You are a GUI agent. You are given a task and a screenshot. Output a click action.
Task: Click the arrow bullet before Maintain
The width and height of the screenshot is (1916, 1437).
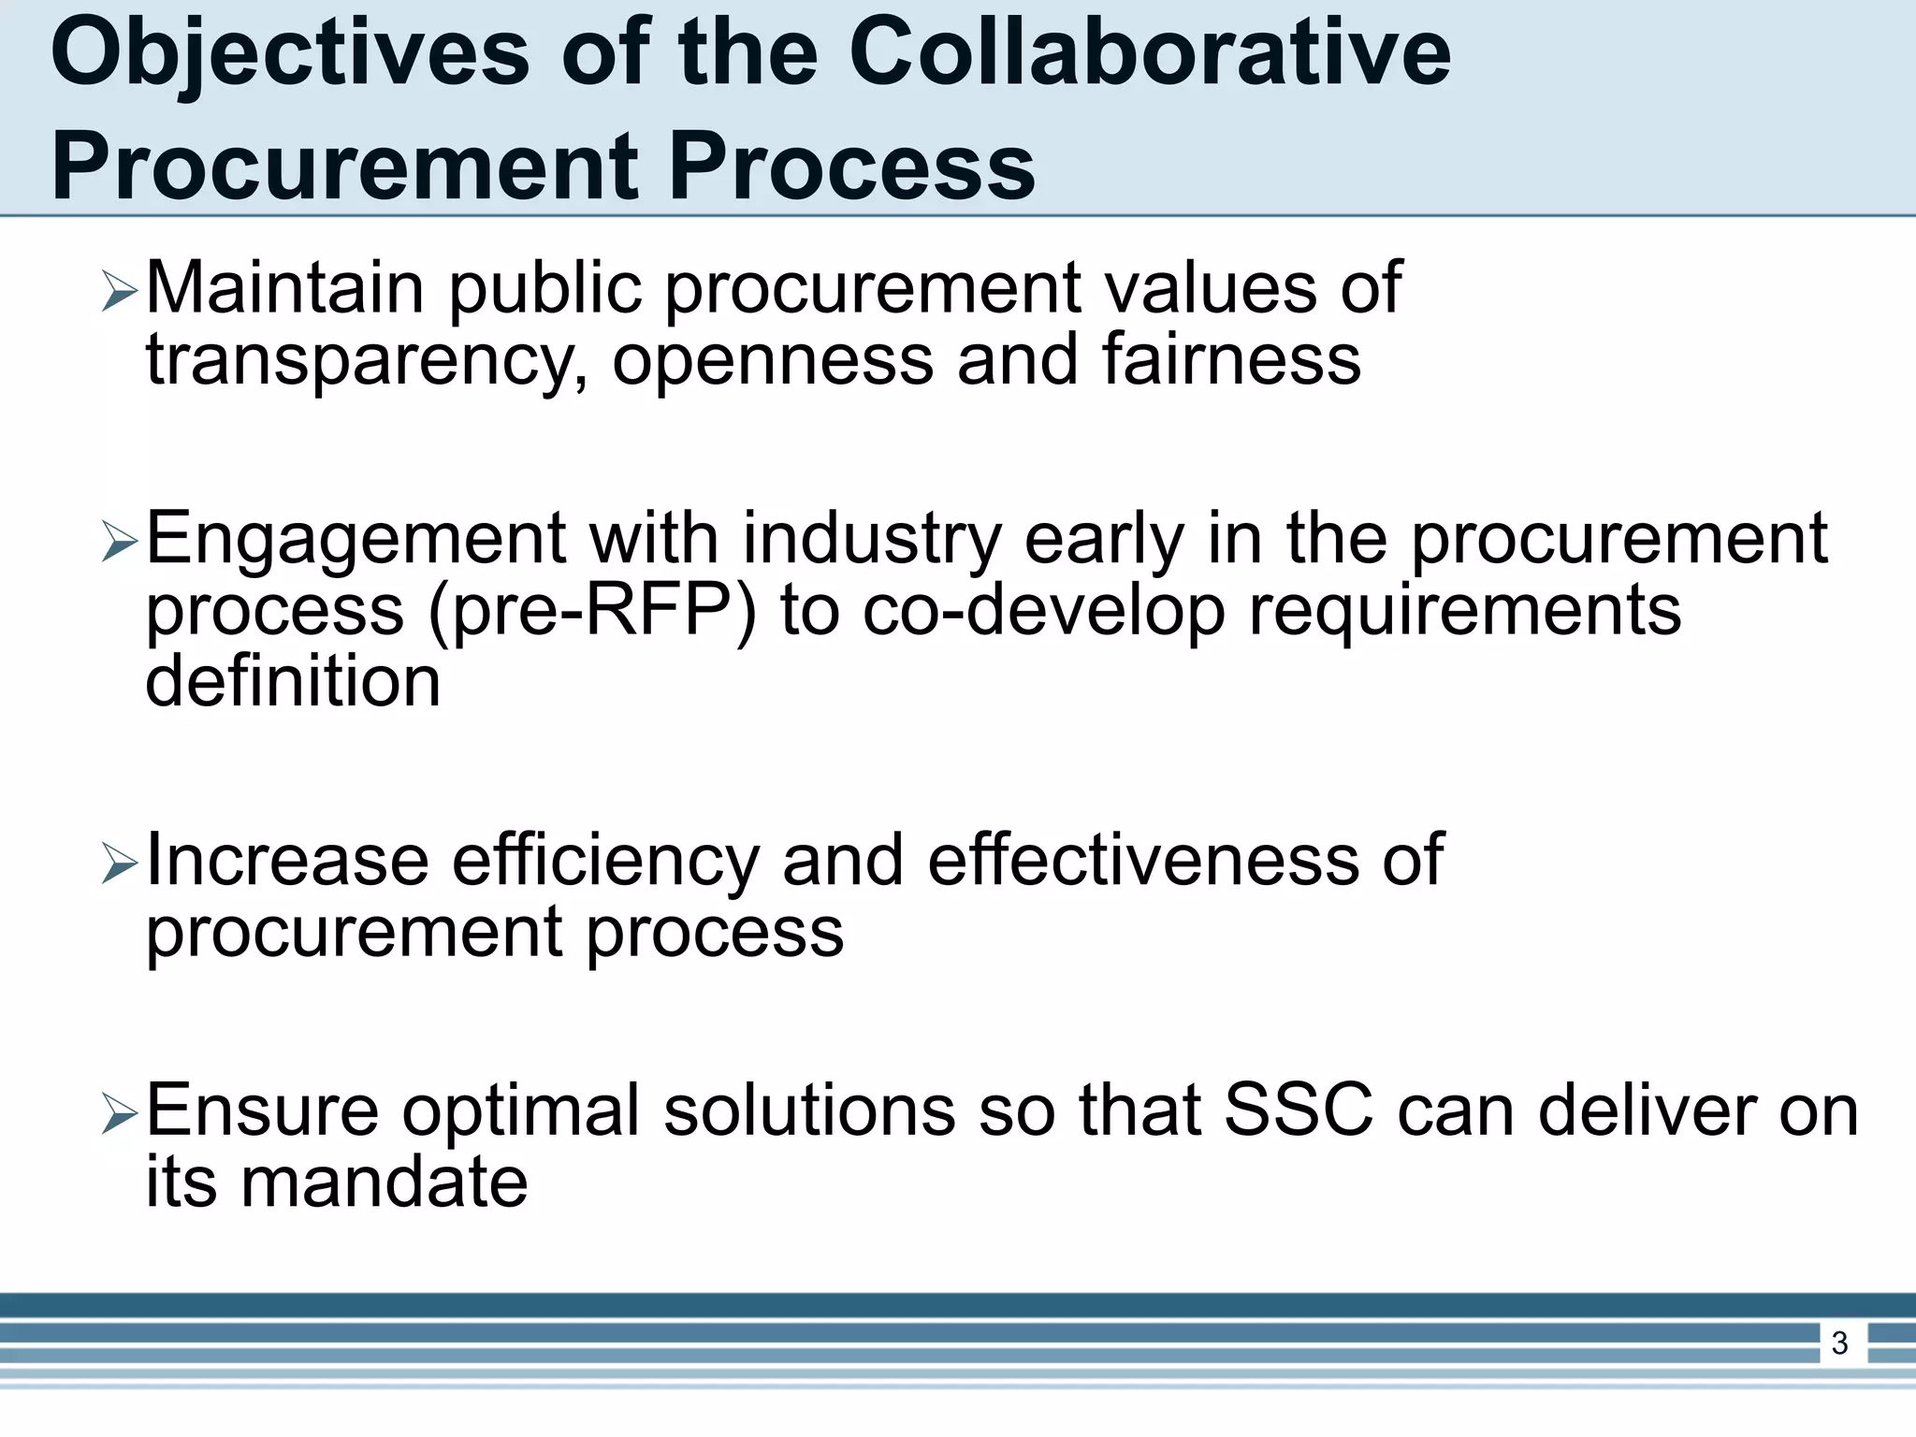click(x=119, y=292)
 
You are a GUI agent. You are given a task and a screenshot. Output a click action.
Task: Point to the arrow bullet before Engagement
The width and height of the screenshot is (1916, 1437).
click(x=119, y=543)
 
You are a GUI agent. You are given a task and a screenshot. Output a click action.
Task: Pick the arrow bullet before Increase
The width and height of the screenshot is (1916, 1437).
click(x=119, y=864)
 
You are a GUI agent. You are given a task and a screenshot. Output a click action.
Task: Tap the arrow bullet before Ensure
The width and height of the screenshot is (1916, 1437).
click(x=119, y=1114)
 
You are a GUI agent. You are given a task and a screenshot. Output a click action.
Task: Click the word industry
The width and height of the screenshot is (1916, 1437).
click(x=872, y=541)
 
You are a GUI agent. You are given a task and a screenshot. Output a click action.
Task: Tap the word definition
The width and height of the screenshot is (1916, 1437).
click(x=293, y=681)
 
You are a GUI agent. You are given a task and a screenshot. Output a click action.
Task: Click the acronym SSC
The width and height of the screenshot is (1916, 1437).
click(x=1299, y=1111)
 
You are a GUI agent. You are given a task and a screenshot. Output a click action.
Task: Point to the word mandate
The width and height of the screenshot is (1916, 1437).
click(x=385, y=1183)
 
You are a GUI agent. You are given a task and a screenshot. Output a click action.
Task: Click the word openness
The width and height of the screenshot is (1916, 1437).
click(x=773, y=360)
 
